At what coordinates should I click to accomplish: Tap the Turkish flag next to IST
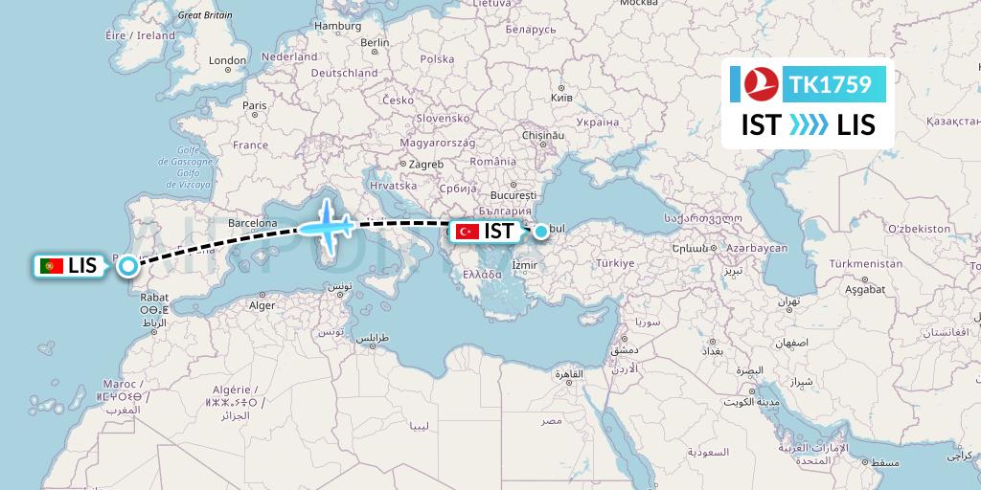tap(468, 232)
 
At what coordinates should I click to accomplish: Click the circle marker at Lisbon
tap(127, 267)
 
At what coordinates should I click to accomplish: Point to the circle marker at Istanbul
tap(542, 231)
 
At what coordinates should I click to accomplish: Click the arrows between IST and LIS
tap(808, 125)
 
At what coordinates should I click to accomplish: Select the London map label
tap(228, 60)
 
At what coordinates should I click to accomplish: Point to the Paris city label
tap(254, 105)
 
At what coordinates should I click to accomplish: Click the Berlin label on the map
tap(375, 43)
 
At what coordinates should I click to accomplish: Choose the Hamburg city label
tap(337, 26)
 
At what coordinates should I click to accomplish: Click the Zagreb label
tap(425, 164)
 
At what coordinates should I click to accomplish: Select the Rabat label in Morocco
tap(154, 297)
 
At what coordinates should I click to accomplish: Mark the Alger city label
tap(262, 306)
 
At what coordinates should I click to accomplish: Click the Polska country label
tap(437, 58)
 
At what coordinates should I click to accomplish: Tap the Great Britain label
tap(205, 15)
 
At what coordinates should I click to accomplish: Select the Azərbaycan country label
tap(756, 248)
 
